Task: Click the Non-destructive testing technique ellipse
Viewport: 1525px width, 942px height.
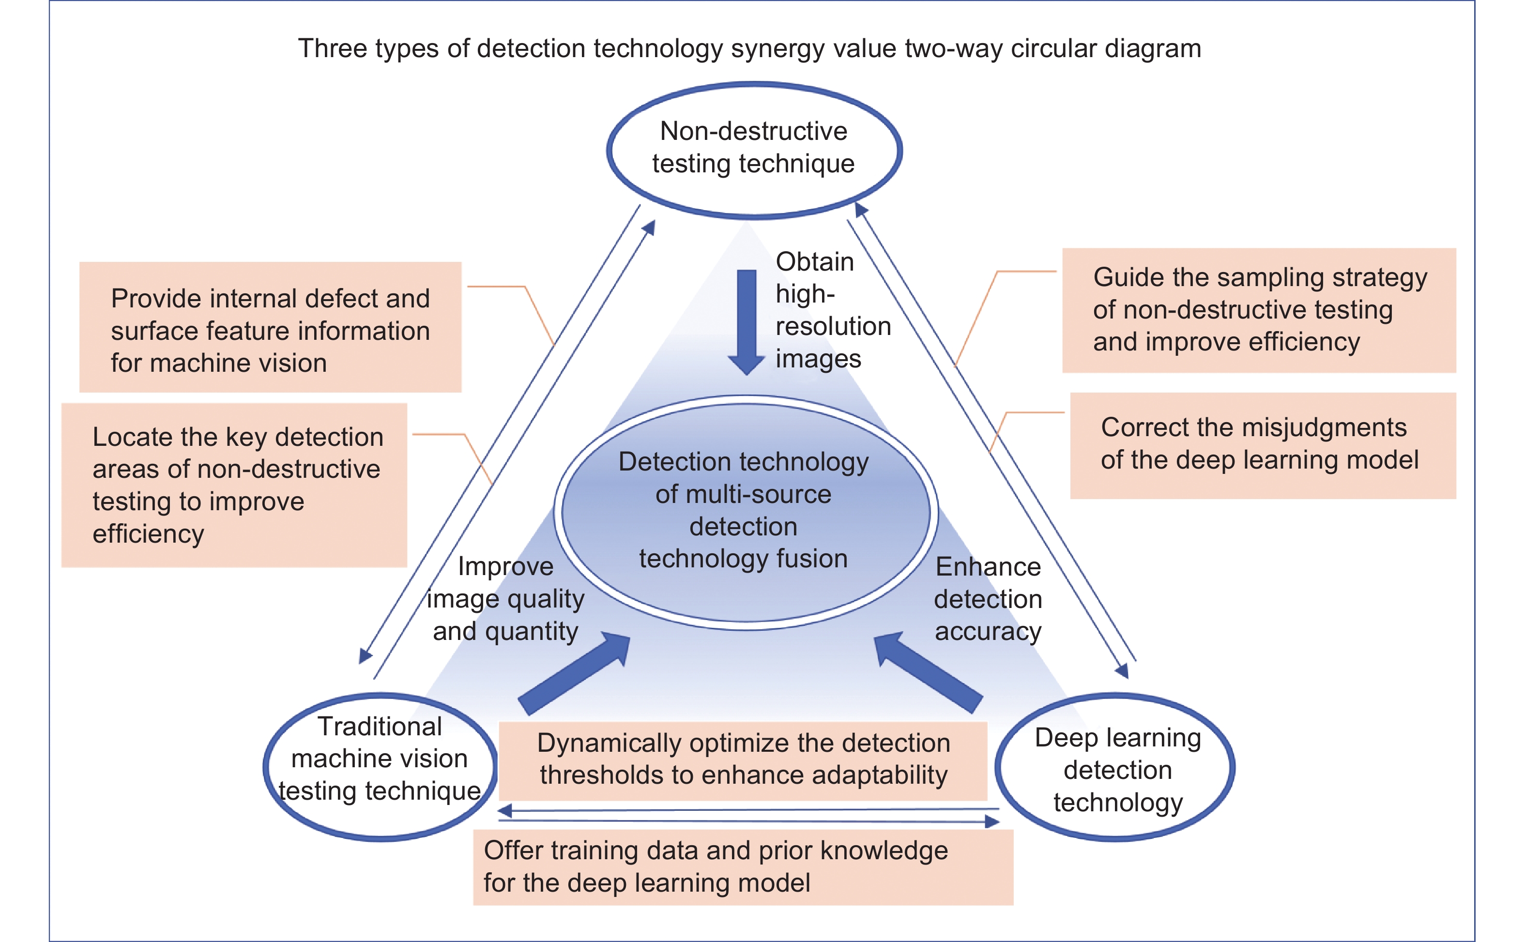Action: pos(754,150)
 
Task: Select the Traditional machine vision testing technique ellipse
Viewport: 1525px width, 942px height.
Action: pos(380,767)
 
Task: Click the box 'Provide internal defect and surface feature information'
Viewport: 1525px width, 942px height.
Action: pos(270,327)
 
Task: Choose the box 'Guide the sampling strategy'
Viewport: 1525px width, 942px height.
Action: pos(1258,310)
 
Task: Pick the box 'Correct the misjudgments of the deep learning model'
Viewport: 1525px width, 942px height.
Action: pos(1262,445)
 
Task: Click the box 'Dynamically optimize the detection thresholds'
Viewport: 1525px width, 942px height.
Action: pos(743,760)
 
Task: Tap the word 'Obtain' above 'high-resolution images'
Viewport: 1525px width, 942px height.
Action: pos(814,262)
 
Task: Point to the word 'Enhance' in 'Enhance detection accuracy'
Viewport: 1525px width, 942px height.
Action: pos(988,567)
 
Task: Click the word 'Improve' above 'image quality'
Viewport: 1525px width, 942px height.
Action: pos(505,567)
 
